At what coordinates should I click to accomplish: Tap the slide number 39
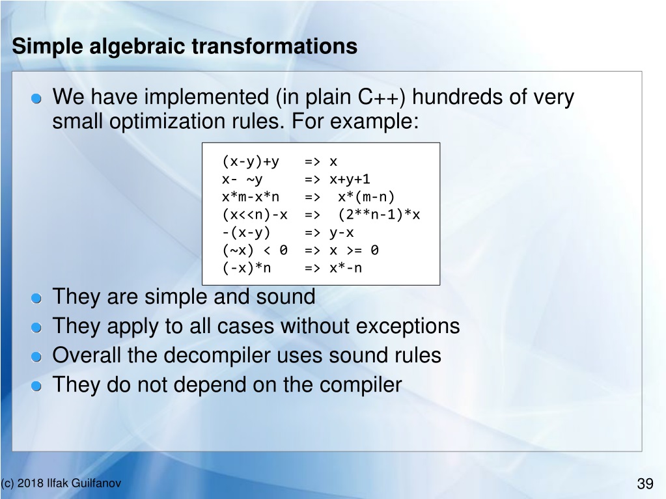click(x=645, y=483)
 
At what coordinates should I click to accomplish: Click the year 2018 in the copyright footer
click(x=31, y=483)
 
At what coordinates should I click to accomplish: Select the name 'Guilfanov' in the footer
click(x=96, y=483)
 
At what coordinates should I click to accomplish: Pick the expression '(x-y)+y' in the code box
click(x=251, y=161)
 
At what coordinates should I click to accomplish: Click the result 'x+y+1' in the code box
click(x=350, y=180)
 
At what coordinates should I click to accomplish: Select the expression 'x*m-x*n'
click(x=251, y=197)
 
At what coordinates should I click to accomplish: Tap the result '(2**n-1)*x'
click(x=379, y=215)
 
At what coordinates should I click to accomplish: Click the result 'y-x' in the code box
click(x=342, y=233)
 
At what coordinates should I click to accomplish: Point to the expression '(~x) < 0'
click(x=255, y=250)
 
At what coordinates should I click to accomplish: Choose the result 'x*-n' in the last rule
click(x=346, y=268)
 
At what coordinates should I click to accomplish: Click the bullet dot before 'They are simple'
click(x=36, y=299)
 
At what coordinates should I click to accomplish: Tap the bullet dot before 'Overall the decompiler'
click(x=36, y=357)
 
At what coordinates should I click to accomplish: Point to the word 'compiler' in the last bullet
click(x=361, y=385)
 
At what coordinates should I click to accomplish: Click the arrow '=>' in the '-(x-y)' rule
click(x=312, y=233)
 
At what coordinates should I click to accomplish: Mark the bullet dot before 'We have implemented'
click(x=36, y=99)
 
